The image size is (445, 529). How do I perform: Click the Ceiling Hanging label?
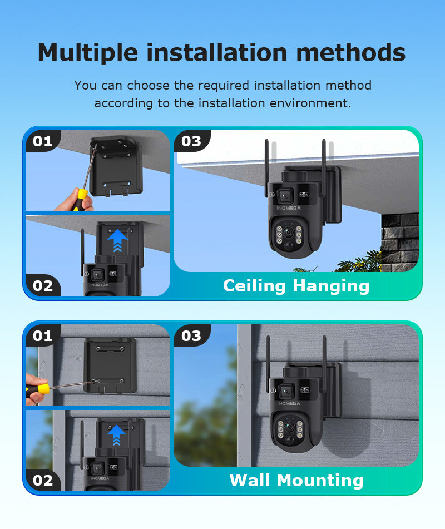(296, 285)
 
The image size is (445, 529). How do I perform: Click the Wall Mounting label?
(296, 480)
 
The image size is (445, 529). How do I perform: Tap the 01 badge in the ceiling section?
(42, 141)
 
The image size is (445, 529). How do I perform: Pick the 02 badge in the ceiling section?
(42, 285)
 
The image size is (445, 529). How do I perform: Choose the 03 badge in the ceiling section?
(191, 141)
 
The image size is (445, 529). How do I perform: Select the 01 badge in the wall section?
(42, 335)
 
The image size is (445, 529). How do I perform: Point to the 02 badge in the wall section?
(42, 480)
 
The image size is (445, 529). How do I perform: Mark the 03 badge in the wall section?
(191, 335)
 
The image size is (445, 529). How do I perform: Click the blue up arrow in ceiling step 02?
(117, 240)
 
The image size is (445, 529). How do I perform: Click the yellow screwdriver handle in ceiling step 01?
(81, 197)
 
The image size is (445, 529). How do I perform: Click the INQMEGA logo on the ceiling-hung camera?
(288, 209)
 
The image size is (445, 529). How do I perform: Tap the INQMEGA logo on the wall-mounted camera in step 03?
(288, 403)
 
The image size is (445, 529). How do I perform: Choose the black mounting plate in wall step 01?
(110, 364)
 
